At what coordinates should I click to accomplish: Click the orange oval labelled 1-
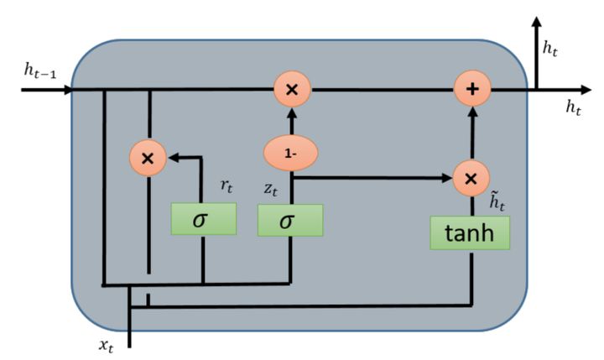pos(289,154)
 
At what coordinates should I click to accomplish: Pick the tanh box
pos(470,232)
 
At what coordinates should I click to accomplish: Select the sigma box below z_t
pos(289,220)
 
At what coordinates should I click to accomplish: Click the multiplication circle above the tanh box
pos(471,178)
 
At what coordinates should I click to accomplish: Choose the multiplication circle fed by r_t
pos(148,157)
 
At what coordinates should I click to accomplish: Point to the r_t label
pos(226,186)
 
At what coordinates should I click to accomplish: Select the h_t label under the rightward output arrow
pos(573,107)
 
